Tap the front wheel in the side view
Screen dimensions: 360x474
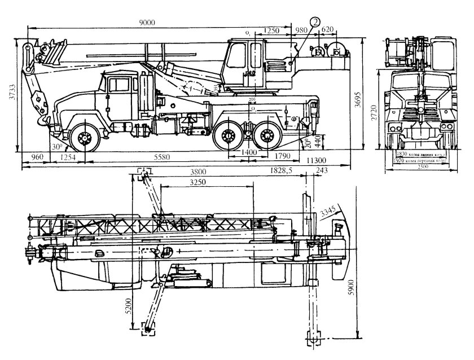pyautogui.click(x=85, y=137)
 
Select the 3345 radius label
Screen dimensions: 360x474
pyautogui.click(x=329, y=211)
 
